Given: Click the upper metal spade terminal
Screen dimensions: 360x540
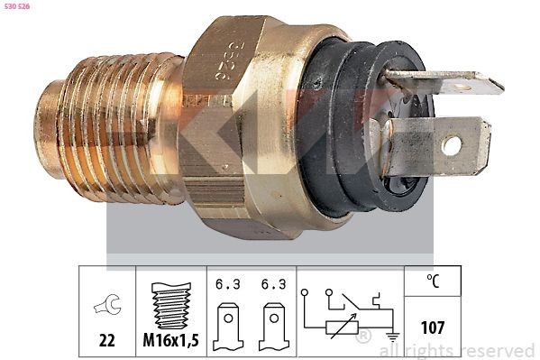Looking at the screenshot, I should pyautogui.click(x=451, y=84).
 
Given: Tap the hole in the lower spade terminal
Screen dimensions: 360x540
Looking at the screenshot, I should pyautogui.click(x=452, y=144).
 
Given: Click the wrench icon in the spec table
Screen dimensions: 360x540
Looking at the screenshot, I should pyautogui.click(x=106, y=309).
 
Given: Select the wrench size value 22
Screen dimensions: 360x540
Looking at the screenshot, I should pyautogui.click(x=106, y=340).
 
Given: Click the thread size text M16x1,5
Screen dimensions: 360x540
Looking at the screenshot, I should pyautogui.click(x=171, y=340).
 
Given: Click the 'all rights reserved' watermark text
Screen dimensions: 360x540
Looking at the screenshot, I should pyautogui.click(x=457, y=349).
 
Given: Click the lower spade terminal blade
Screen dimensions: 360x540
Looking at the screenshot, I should pyautogui.click(x=433, y=146).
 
